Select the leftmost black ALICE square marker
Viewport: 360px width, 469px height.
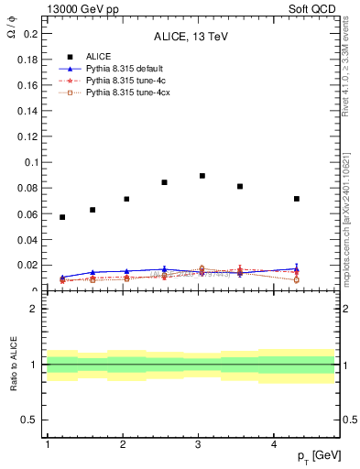tap(62, 217)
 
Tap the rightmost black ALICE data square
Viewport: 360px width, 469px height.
tap(297, 199)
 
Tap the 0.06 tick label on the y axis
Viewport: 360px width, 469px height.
tap(27, 214)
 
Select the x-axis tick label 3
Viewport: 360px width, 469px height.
tap(199, 444)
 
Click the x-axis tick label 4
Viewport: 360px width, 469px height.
tap(275, 444)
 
